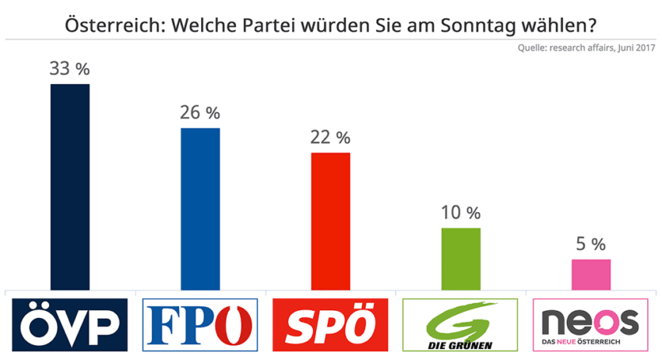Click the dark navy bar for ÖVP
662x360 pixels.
(69, 187)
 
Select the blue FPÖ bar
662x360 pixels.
(200, 209)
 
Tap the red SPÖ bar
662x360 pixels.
(330, 221)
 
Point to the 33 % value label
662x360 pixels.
(69, 69)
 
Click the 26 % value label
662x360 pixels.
(200, 113)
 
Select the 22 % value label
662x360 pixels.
(330, 138)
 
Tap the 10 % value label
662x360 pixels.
(461, 213)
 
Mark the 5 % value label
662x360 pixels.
(591, 245)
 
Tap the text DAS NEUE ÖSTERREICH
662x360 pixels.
(591, 343)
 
